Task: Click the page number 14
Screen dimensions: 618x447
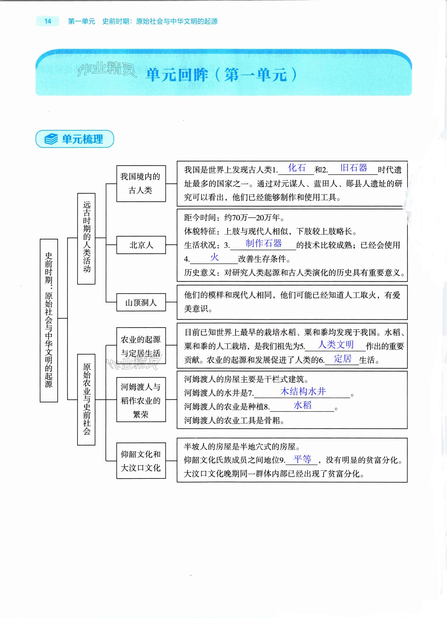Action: [x=48, y=21]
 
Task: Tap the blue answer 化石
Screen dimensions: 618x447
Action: [x=297, y=168]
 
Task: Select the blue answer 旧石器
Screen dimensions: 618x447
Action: [x=354, y=168]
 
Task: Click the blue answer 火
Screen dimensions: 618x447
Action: [x=214, y=257]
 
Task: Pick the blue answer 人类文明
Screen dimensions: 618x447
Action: [x=336, y=345]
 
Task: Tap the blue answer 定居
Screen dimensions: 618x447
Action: [x=343, y=358]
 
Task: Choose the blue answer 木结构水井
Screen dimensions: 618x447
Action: [x=303, y=392]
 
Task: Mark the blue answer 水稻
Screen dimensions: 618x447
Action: [x=302, y=405]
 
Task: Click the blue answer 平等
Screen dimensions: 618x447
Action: [x=302, y=459]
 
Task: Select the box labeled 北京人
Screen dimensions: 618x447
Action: [x=141, y=245]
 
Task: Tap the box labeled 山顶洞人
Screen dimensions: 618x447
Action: [x=141, y=302]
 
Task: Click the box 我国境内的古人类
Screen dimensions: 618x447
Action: [x=141, y=183]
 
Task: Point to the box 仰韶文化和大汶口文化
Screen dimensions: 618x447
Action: [x=141, y=461]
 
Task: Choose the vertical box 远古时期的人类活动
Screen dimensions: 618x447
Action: [x=86, y=238]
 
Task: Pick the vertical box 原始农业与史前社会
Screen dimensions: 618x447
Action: [x=86, y=399]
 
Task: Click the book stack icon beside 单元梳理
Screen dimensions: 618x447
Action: [x=51, y=139]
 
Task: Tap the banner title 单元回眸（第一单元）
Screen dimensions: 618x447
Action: [x=221, y=74]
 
